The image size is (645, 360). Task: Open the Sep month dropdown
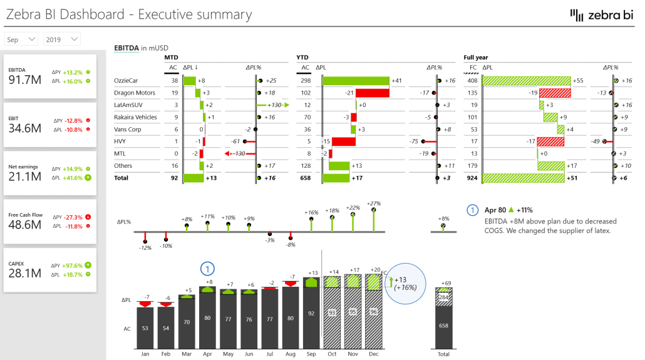pyautogui.click(x=22, y=39)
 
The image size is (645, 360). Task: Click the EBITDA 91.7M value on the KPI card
pyautogui.click(x=26, y=80)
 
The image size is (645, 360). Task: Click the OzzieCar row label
pyautogui.click(x=126, y=81)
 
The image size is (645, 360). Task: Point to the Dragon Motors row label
pyautogui.click(x=133, y=93)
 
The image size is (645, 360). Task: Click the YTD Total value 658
pyautogui.click(x=304, y=178)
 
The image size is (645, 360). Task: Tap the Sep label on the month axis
pyautogui.click(x=311, y=354)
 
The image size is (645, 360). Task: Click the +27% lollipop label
pyautogui.click(x=374, y=203)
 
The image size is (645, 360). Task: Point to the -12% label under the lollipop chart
pyautogui.click(x=145, y=247)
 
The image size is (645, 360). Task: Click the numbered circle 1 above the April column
pyautogui.click(x=208, y=269)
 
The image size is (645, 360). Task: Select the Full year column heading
pyautogui.click(x=476, y=58)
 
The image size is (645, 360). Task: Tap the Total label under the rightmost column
pyautogui.click(x=443, y=354)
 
